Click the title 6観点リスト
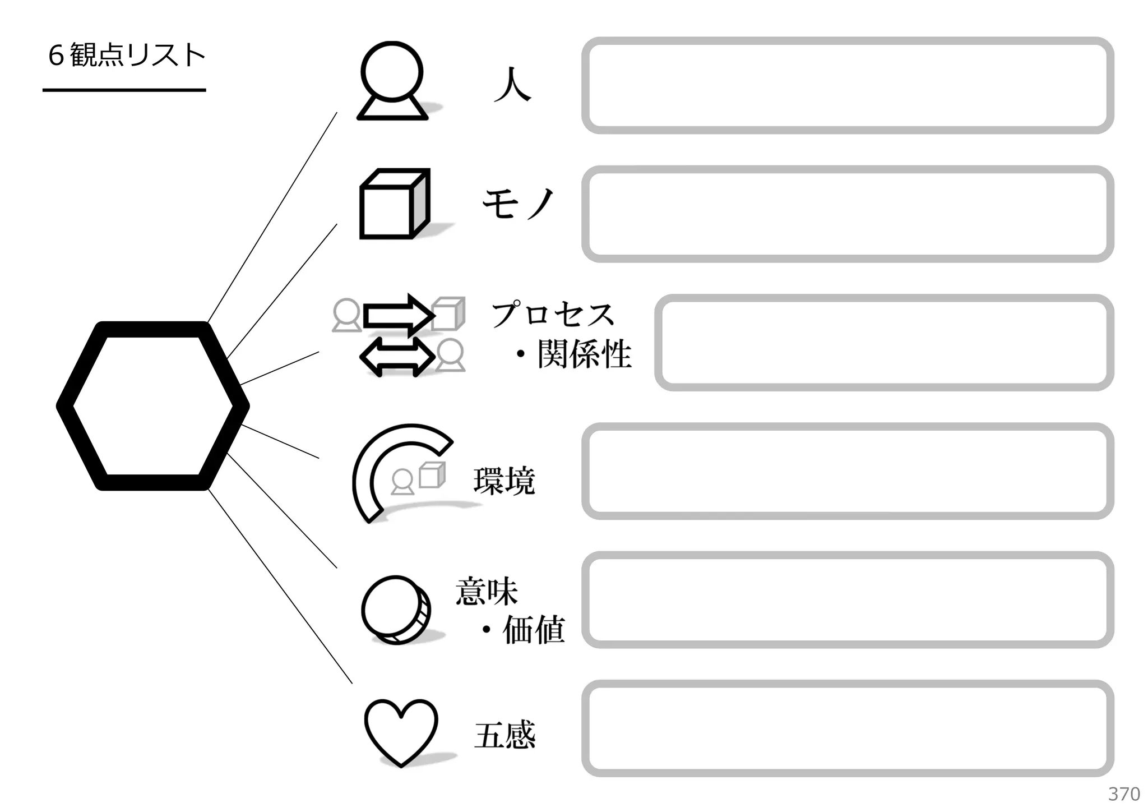127,56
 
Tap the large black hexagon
152,406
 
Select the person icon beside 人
392,81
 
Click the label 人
512,85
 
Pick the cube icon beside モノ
394,204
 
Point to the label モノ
518,203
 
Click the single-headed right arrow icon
398,316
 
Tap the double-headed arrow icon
397,357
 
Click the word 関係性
584,354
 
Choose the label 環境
504,481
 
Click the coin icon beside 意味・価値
396,610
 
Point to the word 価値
533,630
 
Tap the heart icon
401,731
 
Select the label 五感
504,735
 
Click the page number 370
1124,794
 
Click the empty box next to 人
848,86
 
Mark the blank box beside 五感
848,728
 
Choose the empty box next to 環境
848,471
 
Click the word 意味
487,592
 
